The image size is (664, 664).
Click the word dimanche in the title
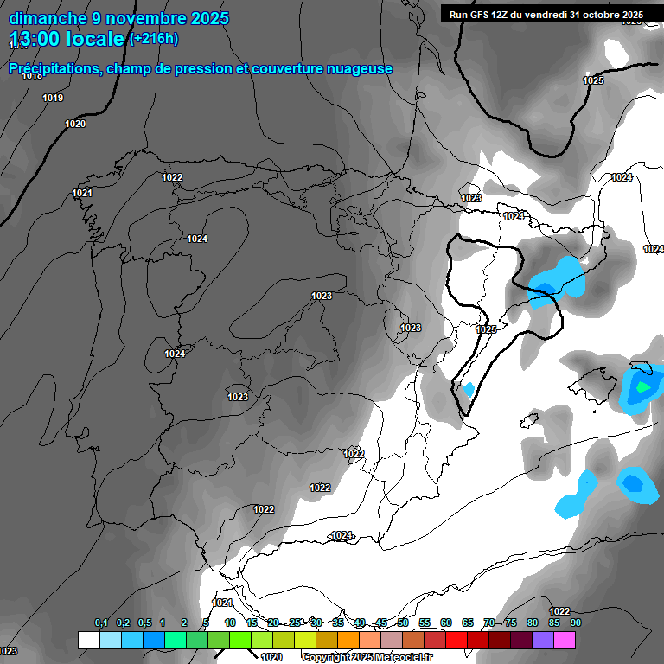(48, 18)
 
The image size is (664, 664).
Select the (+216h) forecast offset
(153, 39)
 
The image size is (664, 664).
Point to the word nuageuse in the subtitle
(360, 68)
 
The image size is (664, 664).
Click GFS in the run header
(482, 15)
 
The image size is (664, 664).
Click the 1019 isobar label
(53, 99)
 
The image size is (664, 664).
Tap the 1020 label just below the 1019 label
(75, 124)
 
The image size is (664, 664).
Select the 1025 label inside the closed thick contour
(487, 329)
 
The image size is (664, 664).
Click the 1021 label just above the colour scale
(222, 603)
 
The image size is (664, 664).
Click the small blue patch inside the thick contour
(469, 389)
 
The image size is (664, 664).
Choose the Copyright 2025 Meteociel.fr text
(367, 657)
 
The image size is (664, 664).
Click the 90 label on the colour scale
(575, 622)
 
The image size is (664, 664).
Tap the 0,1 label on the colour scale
(100, 622)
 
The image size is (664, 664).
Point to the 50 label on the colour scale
(403, 622)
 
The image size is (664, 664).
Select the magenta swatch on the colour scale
(565, 640)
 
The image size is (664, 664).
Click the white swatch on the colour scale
(88, 640)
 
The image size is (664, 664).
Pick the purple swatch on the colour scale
(543, 640)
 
